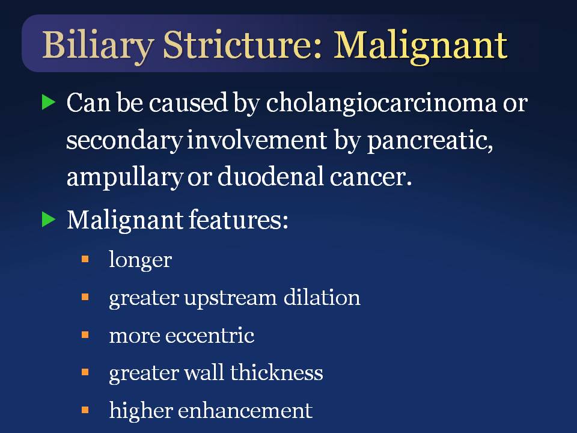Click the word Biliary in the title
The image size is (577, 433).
pos(98,47)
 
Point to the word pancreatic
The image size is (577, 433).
pos(430,141)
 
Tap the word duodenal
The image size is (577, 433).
pos(270,176)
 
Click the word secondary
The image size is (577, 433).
pos(125,141)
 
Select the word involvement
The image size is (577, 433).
pos(257,140)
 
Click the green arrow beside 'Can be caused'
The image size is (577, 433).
pos(48,102)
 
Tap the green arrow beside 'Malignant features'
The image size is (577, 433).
pos(48,220)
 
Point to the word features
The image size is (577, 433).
pos(238,220)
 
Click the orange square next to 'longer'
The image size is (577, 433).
pos(85,259)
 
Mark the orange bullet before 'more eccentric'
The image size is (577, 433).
pos(85,335)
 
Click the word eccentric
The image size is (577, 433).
pos(210,336)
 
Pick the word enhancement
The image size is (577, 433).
pos(245,410)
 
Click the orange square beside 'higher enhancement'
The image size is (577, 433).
pos(85,410)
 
